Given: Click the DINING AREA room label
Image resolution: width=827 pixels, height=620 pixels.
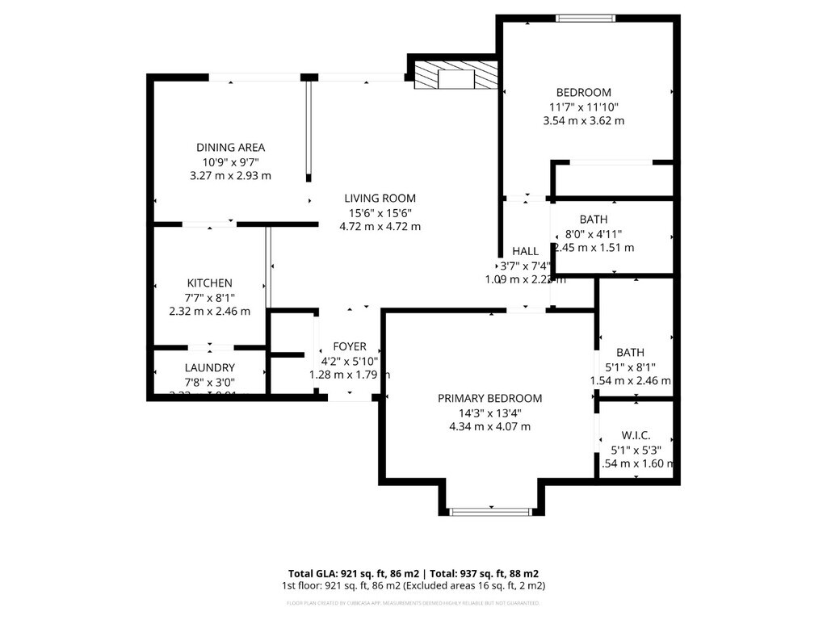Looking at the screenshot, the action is (230, 148).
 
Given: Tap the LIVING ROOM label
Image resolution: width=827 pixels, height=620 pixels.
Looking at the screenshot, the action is (380, 199).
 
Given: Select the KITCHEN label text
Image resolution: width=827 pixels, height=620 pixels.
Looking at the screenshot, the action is (210, 283).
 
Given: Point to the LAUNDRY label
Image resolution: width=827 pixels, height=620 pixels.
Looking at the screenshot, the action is (209, 368).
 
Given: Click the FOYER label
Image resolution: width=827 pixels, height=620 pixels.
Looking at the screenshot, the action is (350, 346).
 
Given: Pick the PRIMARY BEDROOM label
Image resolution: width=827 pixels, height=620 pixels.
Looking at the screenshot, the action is (489, 399).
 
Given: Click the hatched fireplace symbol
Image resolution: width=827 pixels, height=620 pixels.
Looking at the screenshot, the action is (454, 77).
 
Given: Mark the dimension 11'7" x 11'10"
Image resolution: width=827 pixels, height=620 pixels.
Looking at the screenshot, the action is (584, 107).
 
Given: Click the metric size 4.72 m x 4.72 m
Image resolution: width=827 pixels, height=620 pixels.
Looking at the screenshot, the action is (380, 227).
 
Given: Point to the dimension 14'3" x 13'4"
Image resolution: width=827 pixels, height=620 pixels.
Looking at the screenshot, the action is (489, 413).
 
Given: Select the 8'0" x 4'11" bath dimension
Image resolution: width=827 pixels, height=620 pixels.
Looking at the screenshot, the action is (594, 234).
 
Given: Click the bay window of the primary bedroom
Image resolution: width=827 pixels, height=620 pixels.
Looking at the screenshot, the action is (490, 511).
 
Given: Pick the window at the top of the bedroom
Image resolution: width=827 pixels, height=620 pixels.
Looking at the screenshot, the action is (585, 19).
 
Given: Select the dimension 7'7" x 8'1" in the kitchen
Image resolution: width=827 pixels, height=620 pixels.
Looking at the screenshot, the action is (210, 297).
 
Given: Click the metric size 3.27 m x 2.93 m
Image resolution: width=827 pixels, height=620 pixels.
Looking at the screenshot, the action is (230, 176).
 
